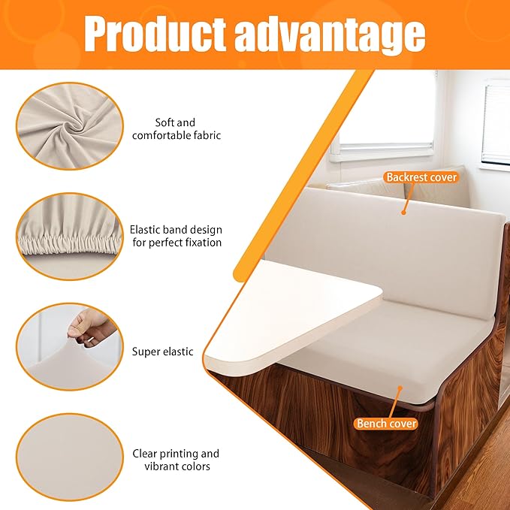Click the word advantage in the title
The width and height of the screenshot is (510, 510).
click(x=330, y=34)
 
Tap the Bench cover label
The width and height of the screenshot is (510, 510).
click(x=386, y=424)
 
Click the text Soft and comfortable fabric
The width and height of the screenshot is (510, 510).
click(x=176, y=128)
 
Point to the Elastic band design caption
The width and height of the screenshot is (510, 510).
click(x=176, y=236)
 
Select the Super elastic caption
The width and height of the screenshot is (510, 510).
click(x=163, y=352)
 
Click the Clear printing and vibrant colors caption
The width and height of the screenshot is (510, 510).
click(x=176, y=460)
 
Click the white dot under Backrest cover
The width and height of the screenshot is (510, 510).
click(x=403, y=213)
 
